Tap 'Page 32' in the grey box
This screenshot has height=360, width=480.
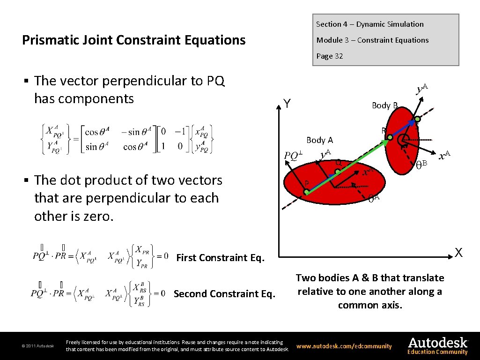pos(329,56)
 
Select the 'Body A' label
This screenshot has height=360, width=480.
pos(319,140)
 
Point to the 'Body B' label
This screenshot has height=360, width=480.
pos(384,105)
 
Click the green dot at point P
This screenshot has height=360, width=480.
pos(306,192)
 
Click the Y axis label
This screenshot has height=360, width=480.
pos(288,104)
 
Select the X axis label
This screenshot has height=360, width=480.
pos(458,253)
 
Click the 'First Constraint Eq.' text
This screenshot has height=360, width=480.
pos(220,257)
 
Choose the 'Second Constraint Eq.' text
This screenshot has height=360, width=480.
pos(224,294)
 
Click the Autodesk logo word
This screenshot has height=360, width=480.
pos(438,342)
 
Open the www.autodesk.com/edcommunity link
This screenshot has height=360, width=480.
pos(344,346)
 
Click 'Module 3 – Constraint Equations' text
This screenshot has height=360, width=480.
pos(372,40)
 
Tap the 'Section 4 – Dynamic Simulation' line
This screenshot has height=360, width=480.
pos(369,24)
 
